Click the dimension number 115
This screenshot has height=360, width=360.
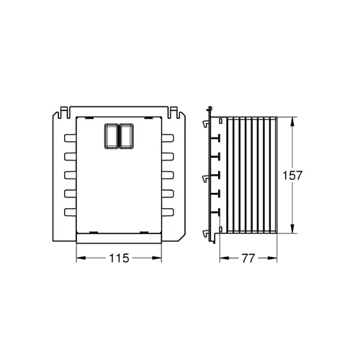(x=119, y=258)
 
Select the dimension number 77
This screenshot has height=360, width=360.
(x=248, y=258)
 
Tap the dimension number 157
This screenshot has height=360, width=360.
(x=292, y=176)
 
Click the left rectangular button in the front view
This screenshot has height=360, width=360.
(x=112, y=136)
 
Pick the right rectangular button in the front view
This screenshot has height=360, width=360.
(x=127, y=136)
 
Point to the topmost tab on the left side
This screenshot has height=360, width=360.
(x=70, y=138)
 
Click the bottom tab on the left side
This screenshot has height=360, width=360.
(x=70, y=212)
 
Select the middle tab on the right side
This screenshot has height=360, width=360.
(x=168, y=175)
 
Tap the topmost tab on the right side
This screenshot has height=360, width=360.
(x=168, y=138)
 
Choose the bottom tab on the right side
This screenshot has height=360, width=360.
(x=168, y=212)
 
